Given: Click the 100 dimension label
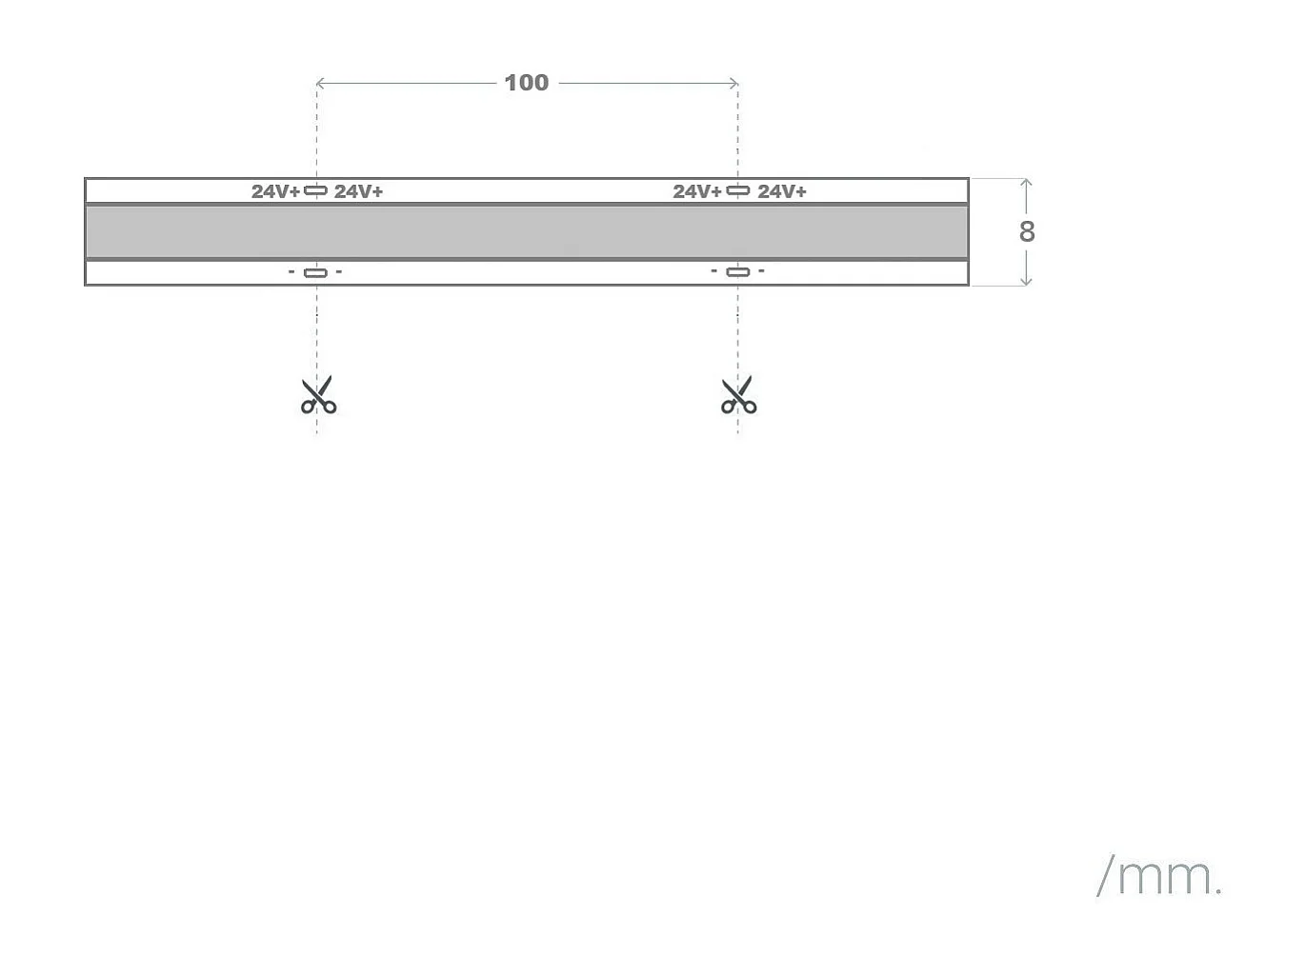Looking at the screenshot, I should pos(526,83).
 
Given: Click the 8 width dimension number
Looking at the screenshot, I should pos(1026,231).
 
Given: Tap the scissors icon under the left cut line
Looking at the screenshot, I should pos(318,395).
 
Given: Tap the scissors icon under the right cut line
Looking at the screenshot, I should pos(738,395).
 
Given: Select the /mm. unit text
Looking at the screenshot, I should pos(1159,875).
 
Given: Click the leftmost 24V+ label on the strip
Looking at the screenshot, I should pos(275,191).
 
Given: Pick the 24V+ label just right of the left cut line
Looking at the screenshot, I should pos(358,191).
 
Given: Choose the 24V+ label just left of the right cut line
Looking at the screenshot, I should pos(697,191).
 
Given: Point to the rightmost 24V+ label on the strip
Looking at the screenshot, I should pos(781,191).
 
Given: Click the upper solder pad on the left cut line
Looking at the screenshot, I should pos(315,190).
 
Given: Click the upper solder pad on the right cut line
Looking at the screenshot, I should pos(738,190).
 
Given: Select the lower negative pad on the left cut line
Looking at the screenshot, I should pos(315,272).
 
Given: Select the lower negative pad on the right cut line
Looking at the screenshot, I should pos(738,271).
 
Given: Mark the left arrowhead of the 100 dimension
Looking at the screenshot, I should pos(319,84).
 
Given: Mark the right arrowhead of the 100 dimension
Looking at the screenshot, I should pos(734,84).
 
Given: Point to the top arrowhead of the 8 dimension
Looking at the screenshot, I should pos(1026,182).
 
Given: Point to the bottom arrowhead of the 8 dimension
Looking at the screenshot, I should pos(1026,282).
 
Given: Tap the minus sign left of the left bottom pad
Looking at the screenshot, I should pos(291,271).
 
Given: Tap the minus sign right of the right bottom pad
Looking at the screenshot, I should pos(761,271).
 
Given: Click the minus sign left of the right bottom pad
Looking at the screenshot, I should pos(714,271).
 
